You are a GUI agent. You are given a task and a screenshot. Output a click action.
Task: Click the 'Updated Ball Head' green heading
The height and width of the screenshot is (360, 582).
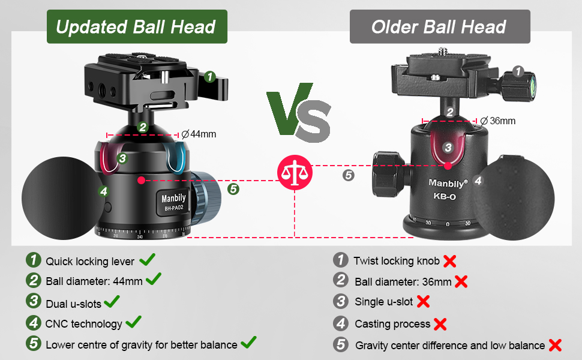point(136,26)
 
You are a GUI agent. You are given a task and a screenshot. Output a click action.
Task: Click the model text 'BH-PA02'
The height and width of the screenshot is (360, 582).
point(173,209)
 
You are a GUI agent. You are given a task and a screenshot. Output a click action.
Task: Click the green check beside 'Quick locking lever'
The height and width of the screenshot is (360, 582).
point(148,260)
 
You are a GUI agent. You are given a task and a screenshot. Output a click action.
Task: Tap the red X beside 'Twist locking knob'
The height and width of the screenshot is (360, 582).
point(449,261)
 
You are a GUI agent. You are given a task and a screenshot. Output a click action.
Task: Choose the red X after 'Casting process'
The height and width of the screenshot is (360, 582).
point(440,324)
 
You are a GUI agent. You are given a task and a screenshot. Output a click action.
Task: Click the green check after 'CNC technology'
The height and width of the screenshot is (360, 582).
point(133,322)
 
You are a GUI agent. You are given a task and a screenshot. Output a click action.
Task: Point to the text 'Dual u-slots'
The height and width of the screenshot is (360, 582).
point(73,304)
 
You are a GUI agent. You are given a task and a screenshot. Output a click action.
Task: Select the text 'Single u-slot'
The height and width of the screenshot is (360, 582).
point(384,302)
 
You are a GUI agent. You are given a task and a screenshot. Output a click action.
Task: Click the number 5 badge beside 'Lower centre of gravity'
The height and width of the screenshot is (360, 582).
point(34,344)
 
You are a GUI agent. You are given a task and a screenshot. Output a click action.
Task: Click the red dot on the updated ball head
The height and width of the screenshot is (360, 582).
point(140,179)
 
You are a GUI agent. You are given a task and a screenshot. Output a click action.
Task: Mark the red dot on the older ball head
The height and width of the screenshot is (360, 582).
point(448,164)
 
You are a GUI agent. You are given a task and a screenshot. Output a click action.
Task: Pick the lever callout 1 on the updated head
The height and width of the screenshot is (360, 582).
point(209,76)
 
